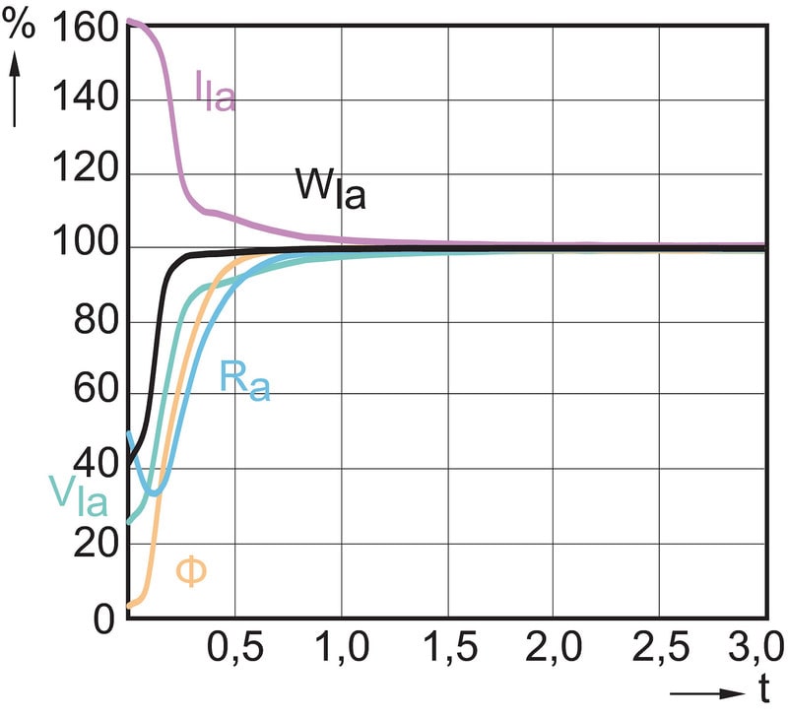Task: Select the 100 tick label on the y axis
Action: (x=81, y=247)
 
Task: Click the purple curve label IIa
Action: (x=214, y=92)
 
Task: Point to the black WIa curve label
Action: (x=330, y=188)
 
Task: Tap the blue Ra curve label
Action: (x=243, y=381)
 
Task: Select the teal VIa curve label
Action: (x=76, y=493)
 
